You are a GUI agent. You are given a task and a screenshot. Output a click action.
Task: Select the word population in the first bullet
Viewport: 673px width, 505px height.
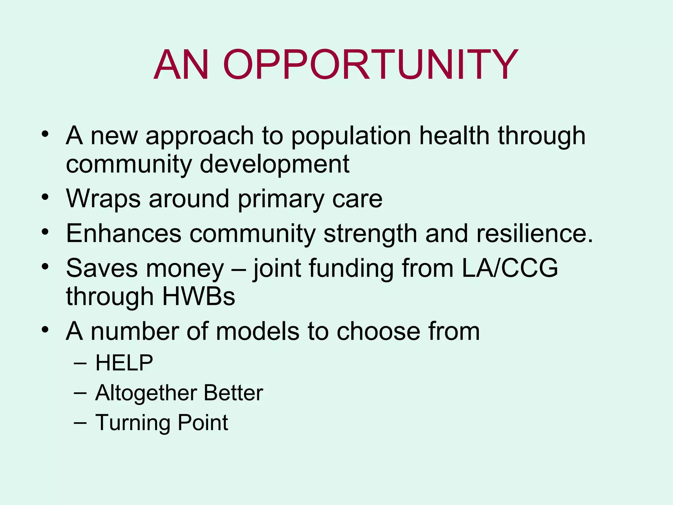click(351, 136)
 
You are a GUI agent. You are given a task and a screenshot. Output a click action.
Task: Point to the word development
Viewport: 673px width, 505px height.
click(274, 164)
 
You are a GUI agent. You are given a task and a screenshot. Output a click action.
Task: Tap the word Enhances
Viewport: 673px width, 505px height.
click(124, 233)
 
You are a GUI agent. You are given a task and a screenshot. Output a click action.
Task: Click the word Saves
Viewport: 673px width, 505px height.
click(102, 268)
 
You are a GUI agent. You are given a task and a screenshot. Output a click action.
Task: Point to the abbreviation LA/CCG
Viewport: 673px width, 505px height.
click(510, 268)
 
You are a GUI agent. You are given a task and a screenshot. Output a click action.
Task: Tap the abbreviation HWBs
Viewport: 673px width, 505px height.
click(198, 297)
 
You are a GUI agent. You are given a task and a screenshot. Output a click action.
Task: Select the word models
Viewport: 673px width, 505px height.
click(258, 331)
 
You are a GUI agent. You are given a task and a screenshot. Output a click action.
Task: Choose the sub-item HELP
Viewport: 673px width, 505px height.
click(124, 363)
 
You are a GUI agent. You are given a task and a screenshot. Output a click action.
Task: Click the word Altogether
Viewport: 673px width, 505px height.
click(146, 393)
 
